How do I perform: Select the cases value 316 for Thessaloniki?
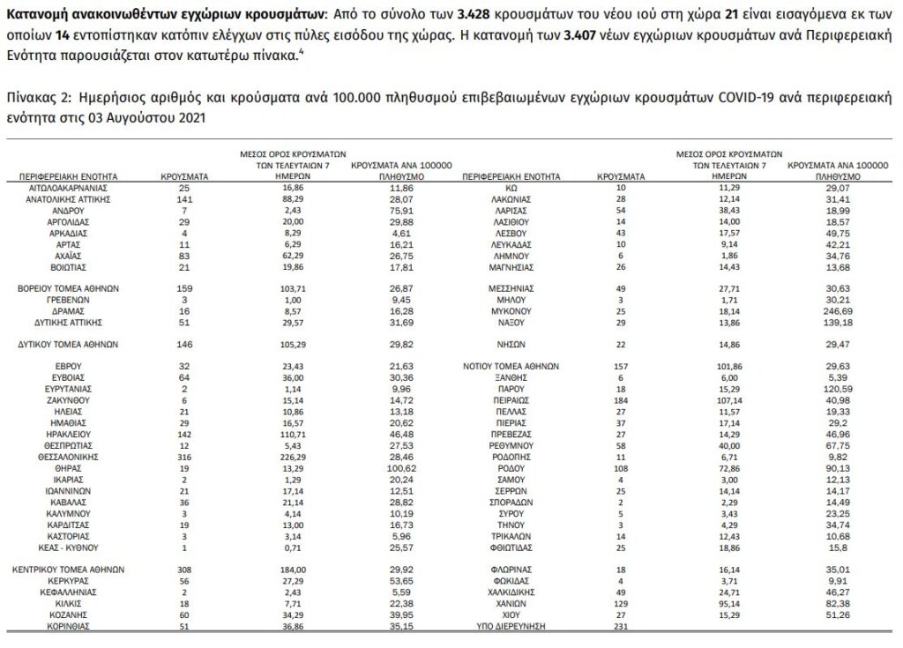click(184, 458)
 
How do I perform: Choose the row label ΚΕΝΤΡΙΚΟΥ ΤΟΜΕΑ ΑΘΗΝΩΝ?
click(69, 570)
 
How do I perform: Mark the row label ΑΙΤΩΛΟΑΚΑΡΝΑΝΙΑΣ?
click(69, 188)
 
